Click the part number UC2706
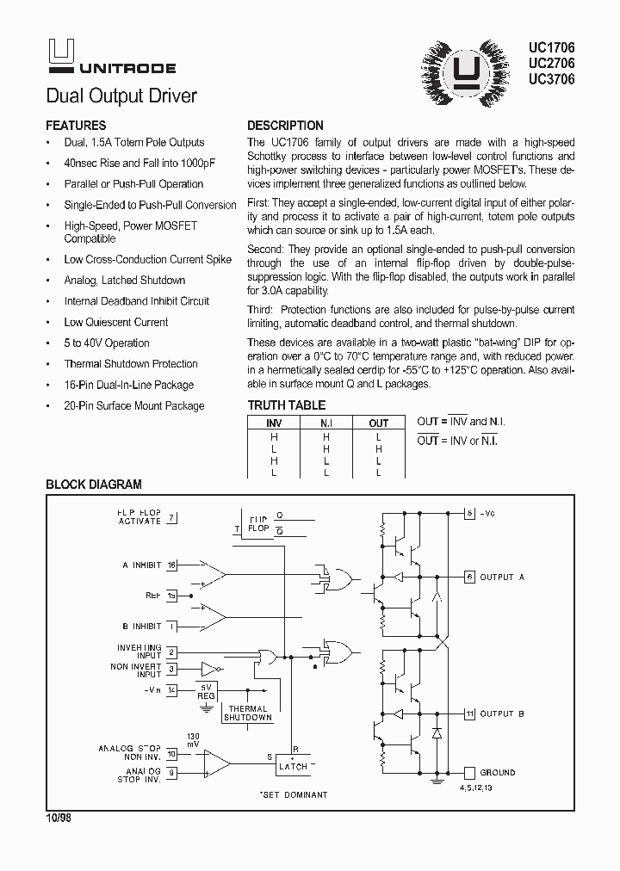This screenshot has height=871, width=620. pos(551,63)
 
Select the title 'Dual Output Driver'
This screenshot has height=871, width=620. pos(121,96)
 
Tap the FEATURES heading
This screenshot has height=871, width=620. pos(76,126)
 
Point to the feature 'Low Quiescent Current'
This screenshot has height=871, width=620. pos(116,322)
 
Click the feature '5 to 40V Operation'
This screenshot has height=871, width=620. pos(107,343)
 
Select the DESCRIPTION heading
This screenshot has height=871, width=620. pos(285,126)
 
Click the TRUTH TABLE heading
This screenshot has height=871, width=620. pos(287,405)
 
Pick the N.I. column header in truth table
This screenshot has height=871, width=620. pos(326,423)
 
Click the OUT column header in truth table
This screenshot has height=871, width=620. pos(379,423)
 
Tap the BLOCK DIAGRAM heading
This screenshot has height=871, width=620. pos(93,485)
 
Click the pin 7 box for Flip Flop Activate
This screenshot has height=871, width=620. pos(172,517)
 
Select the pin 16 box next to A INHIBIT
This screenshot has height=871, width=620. pos(172,565)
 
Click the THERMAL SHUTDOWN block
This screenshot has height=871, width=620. pos(248,713)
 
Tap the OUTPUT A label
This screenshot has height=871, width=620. pos(502,577)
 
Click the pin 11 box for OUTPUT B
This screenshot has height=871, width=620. pos(469,713)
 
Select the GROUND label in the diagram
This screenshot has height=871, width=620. pos(498,773)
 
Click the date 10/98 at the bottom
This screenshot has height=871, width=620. pos(59,818)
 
